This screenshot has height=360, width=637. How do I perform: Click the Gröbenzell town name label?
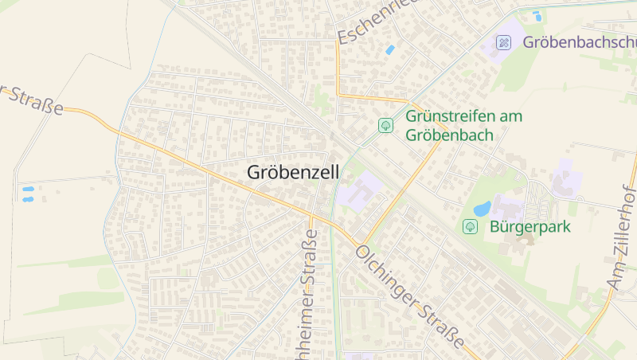(x=293, y=172)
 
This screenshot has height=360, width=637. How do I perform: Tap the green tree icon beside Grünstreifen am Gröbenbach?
(x=385, y=125)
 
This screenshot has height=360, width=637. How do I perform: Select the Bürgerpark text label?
(x=530, y=227)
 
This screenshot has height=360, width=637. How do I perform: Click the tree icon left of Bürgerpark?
(x=470, y=227)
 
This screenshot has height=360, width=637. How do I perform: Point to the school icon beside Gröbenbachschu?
(x=503, y=42)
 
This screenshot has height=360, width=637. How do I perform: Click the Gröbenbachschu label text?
(x=580, y=42)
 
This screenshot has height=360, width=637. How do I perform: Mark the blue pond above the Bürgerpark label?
(x=482, y=209)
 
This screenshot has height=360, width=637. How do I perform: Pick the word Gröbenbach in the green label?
(x=449, y=135)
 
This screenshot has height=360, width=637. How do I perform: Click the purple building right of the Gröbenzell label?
(x=358, y=192)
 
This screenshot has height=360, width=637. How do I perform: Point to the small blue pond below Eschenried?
(x=389, y=49)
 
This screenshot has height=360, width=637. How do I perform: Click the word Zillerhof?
(x=626, y=212)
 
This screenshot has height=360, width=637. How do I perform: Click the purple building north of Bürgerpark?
(x=566, y=178)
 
